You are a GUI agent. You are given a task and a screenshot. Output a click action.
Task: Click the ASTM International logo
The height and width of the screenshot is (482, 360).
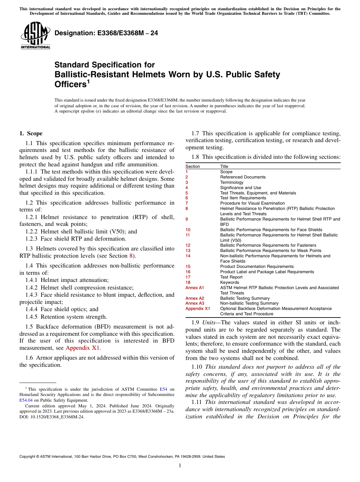coord(35,36)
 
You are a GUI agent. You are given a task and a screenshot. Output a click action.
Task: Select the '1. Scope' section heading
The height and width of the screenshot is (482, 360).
coord(31,133)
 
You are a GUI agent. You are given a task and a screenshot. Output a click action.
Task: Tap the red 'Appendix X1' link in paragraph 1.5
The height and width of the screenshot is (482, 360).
coord(83,348)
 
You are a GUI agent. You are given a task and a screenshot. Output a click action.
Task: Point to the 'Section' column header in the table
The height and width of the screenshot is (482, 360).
coord(193,166)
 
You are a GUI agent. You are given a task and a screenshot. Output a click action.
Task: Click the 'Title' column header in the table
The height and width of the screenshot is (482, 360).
coord(224,166)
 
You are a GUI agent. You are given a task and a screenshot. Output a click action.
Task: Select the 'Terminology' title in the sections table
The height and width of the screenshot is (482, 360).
coord(232,182)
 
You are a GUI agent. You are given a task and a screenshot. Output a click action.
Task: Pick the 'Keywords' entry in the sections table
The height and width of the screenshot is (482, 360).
coord(230,282)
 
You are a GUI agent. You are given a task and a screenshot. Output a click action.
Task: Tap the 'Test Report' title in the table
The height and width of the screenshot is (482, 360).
coord(231,277)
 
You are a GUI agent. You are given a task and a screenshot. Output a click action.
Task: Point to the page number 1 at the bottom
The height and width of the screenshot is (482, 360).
coord(180,465)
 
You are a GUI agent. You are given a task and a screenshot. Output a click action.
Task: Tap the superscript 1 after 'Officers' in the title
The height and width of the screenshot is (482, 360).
coord(88,81)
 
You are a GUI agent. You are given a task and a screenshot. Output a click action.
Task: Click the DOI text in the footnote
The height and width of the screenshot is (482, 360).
coord(52,417)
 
